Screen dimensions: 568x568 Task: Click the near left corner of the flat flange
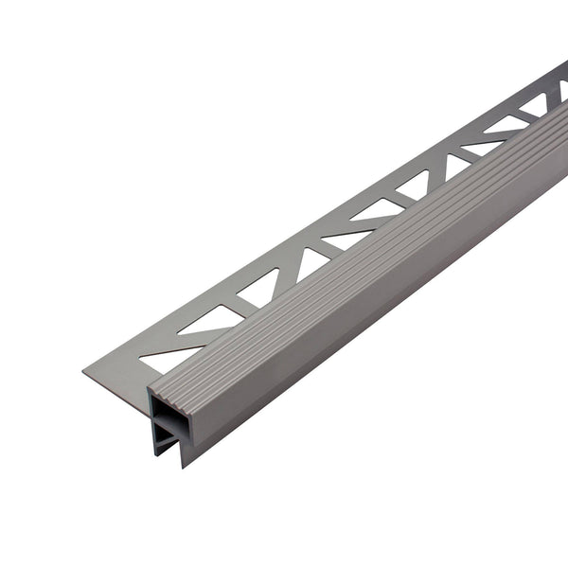(84, 372)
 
